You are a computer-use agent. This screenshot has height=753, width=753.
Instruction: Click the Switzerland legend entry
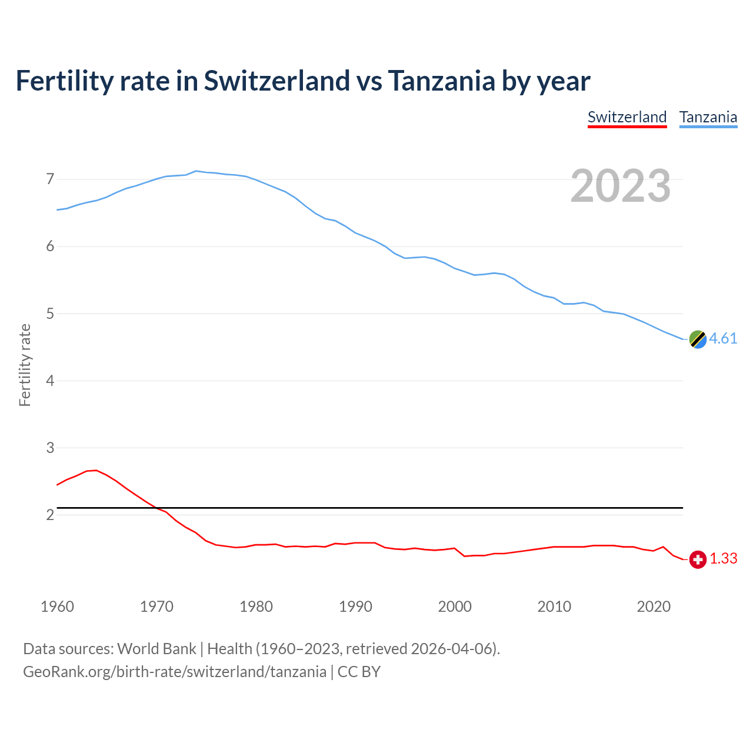[x=627, y=117]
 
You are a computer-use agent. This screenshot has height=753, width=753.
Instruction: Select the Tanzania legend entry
[x=708, y=117]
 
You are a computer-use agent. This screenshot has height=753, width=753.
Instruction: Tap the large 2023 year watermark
[x=621, y=186]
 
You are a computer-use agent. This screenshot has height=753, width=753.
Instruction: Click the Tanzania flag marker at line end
[x=698, y=339]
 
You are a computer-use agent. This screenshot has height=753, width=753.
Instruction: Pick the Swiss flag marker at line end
[x=698, y=559]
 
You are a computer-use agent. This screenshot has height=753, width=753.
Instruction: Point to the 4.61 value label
[x=723, y=339]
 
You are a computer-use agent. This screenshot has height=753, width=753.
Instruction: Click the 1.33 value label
[x=723, y=559]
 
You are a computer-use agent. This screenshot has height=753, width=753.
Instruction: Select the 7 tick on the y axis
[x=50, y=179]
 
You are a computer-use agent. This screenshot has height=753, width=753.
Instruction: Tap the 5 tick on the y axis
[x=50, y=314]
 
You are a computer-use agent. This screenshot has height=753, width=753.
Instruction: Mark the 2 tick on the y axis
[x=50, y=515]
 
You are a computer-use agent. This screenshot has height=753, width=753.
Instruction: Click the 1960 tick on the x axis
[x=57, y=607]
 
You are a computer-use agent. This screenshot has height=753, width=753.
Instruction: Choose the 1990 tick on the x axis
[x=355, y=607]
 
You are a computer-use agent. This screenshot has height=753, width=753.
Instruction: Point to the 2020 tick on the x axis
[x=654, y=607]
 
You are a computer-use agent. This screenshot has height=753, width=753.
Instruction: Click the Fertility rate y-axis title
[x=25, y=365]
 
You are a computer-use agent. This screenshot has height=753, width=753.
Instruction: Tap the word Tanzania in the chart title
[x=441, y=81]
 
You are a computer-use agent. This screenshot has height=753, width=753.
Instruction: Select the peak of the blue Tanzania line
[x=196, y=171]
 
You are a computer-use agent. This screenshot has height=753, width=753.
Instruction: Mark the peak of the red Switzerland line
[x=96, y=470]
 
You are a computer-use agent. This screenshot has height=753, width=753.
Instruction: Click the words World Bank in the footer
[x=156, y=649]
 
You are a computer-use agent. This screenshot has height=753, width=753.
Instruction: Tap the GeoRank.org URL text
[x=175, y=672]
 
